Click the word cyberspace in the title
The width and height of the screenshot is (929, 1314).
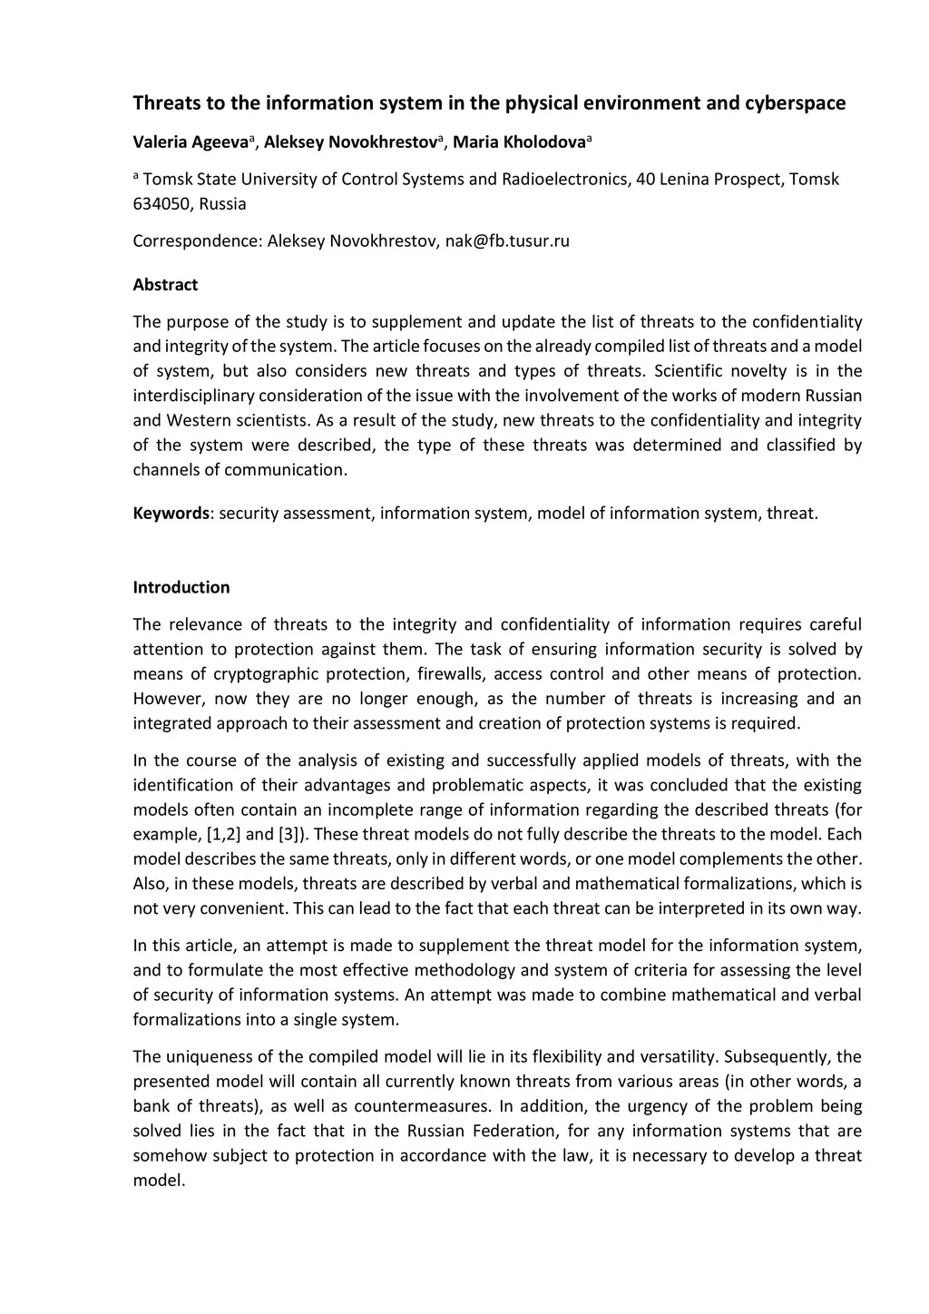[795, 103]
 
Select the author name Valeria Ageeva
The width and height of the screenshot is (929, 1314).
[191, 142]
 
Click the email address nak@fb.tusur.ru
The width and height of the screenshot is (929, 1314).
[507, 241]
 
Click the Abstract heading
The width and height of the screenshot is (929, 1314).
[165, 285]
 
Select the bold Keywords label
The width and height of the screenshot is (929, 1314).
[171, 514]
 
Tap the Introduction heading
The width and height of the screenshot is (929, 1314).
[181, 587]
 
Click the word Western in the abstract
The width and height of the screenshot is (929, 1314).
[199, 420]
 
